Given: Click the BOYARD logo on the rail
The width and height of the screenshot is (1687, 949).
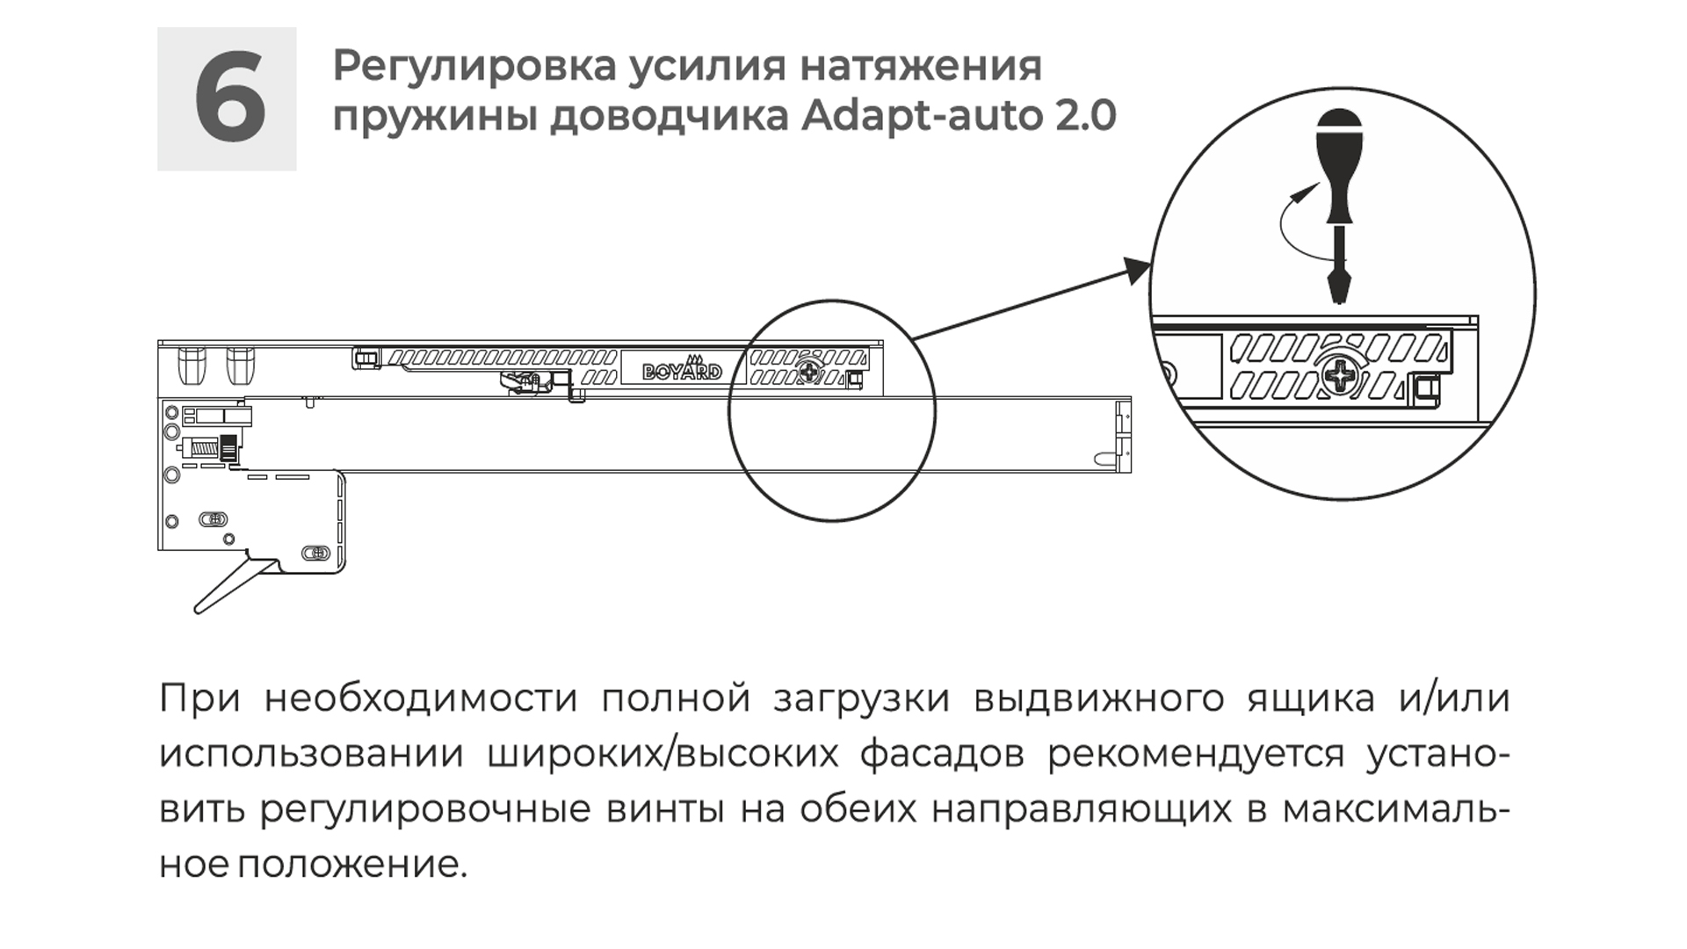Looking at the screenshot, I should [682, 370].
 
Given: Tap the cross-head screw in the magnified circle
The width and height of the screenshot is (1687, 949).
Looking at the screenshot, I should [1342, 378].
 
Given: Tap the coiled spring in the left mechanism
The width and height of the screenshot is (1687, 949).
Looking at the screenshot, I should [204, 448].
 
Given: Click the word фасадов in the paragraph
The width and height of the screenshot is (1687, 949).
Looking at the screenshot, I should [941, 755].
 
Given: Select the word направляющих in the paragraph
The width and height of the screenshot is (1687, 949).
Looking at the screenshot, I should [1082, 810].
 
